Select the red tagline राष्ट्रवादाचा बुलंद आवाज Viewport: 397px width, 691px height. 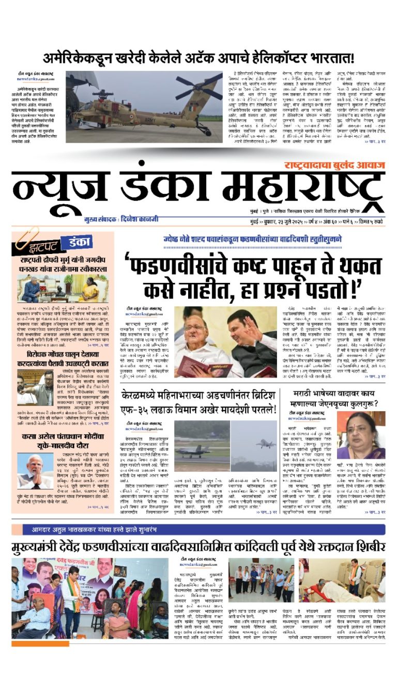[x=334, y=165]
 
